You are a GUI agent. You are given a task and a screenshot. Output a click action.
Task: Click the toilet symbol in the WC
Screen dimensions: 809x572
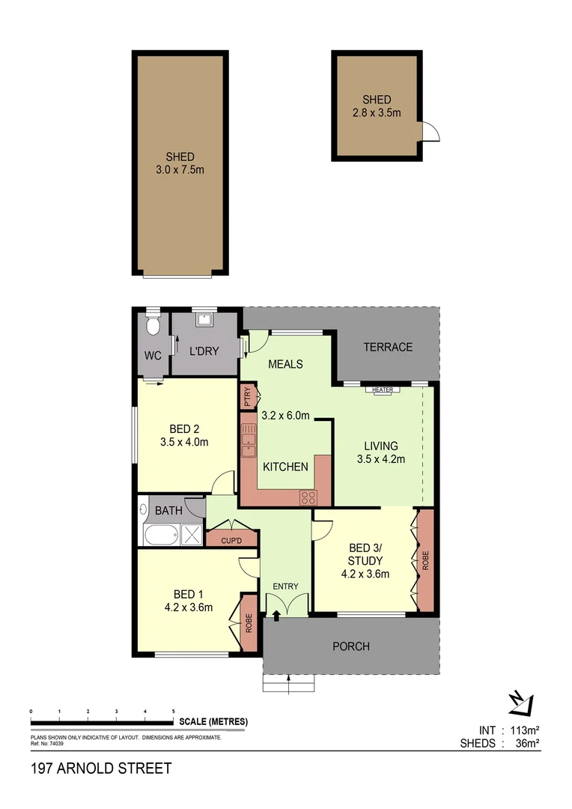click(x=153, y=326)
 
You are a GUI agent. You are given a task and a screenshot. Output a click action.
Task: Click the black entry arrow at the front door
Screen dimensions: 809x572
click(x=276, y=616)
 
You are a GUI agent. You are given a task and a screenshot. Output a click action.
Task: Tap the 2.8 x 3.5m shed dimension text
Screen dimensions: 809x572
click(x=377, y=113)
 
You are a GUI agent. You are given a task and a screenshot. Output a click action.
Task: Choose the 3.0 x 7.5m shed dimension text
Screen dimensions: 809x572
click(x=180, y=169)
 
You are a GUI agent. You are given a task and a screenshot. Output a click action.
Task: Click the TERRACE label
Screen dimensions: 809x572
click(x=387, y=347)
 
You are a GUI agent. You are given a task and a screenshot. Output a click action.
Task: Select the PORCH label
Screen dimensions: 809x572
click(x=351, y=646)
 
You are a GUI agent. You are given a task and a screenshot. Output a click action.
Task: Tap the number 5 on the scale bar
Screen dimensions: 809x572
click(x=174, y=711)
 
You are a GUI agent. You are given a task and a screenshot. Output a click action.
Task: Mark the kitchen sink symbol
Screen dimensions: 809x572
click(x=248, y=443)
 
